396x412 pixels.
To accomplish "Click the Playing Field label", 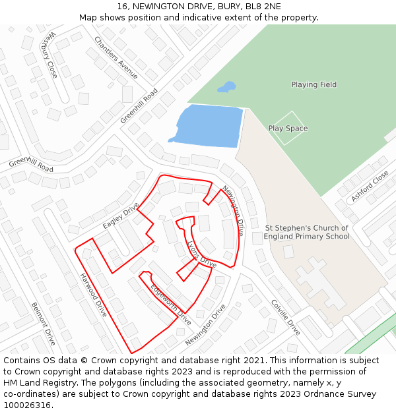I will click(x=313, y=84).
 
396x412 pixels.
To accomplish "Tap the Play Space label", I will click(x=288, y=129).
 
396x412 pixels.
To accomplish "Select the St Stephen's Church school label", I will click(x=306, y=232).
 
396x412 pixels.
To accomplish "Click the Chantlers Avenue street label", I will click(x=116, y=57).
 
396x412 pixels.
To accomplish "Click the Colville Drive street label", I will click(x=286, y=317).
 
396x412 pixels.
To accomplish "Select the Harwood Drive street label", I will click(x=93, y=295).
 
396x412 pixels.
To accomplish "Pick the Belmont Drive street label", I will click(x=44, y=324).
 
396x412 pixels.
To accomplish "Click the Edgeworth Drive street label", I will click(x=170, y=304).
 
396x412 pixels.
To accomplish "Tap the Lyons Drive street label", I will click(x=201, y=253).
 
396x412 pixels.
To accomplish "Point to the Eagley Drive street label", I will click(x=121, y=216).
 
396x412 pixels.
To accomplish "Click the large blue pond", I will click(x=209, y=126).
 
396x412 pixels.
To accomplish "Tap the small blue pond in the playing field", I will click(x=227, y=86).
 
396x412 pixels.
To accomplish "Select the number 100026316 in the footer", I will click(x=28, y=405).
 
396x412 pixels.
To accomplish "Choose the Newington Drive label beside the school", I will click(x=233, y=210).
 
